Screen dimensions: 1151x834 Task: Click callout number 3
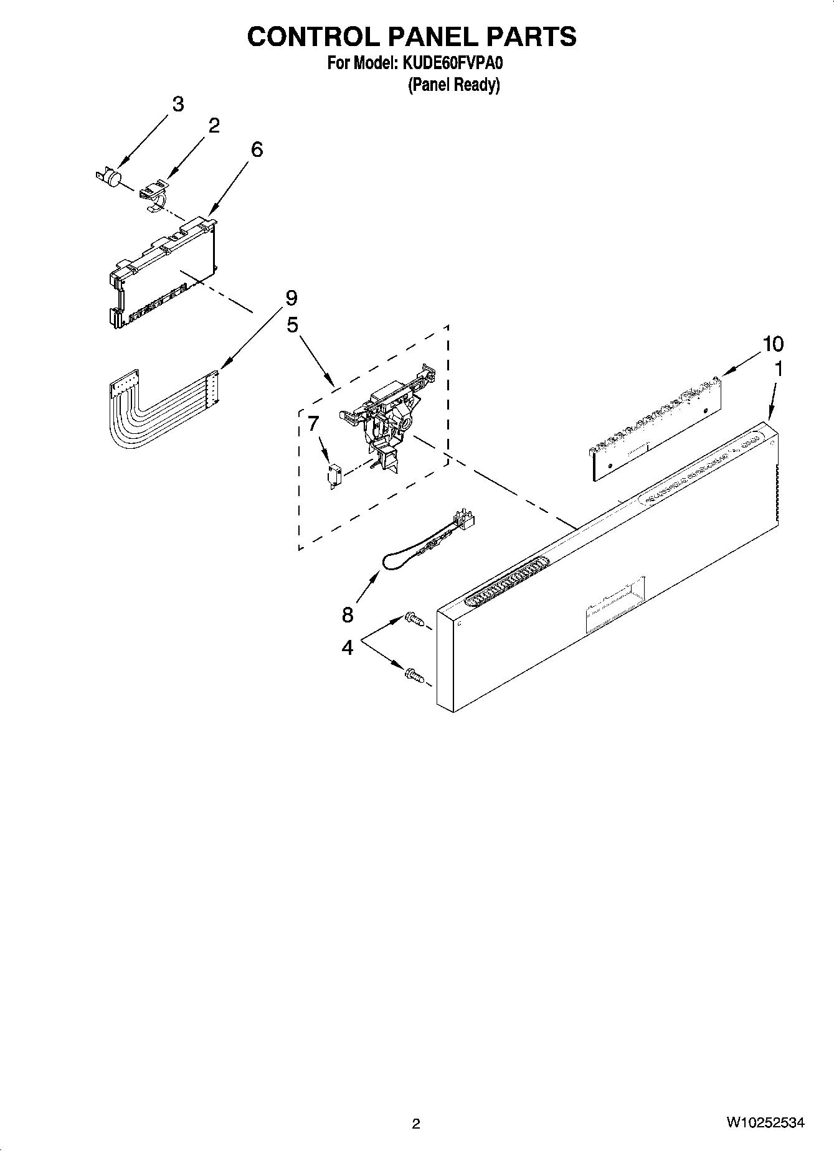coord(178,104)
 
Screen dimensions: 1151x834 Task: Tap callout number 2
coord(214,126)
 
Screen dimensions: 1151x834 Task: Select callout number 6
coord(257,149)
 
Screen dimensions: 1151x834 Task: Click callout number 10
coord(773,344)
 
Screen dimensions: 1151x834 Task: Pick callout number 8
coord(348,615)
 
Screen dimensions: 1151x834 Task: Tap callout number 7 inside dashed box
coord(313,424)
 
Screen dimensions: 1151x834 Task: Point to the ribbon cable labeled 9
coord(159,411)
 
